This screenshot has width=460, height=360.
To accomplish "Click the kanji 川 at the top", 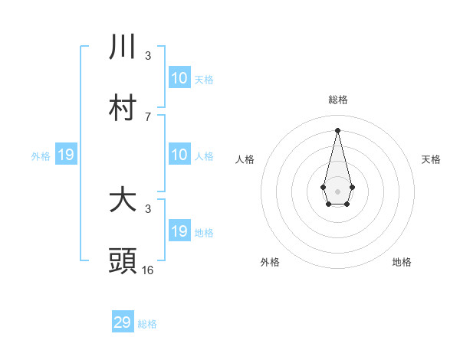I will [123, 47].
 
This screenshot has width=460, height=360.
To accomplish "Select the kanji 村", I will [123, 108].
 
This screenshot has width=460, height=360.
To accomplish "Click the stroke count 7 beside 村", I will [148, 116].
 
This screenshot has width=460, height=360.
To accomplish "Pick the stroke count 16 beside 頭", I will [148, 270].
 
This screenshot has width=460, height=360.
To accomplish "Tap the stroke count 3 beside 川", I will [148, 55].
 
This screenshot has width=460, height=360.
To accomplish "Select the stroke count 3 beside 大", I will [148, 208].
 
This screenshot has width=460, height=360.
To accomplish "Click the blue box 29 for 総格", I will [123, 322].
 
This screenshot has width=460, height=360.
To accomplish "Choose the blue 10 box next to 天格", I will [179, 78].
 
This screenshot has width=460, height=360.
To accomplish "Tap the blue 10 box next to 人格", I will [179, 155].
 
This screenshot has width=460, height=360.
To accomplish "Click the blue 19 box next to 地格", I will [179, 231].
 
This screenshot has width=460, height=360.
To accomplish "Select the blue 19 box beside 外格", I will [65, 155].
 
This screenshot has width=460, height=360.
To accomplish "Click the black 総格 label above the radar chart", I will [337, 100].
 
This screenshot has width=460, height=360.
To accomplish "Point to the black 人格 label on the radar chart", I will [245, 159].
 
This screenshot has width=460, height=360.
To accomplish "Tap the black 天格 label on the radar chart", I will [431, 159].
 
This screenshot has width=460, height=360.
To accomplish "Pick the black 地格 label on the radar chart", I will [402, 262].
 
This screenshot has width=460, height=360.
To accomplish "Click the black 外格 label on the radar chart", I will [270, 262].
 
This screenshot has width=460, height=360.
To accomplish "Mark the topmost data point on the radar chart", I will [337, 129].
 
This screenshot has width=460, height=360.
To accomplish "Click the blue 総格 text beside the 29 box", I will [147, 324].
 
